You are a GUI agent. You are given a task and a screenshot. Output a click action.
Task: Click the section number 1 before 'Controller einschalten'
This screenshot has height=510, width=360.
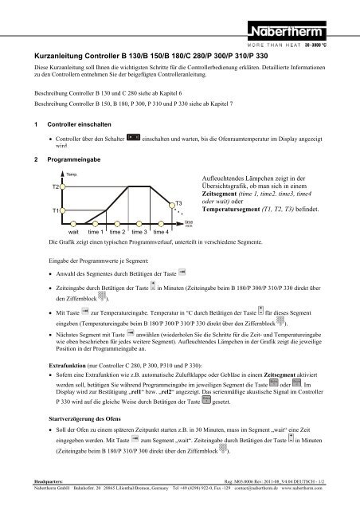pos(25,125)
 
